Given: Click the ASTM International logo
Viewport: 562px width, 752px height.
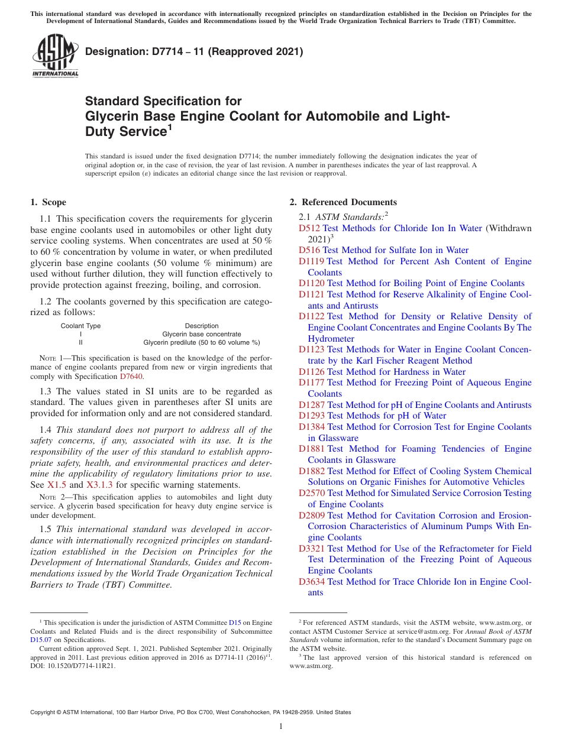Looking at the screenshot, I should pyautogui.click(x=55, y=55).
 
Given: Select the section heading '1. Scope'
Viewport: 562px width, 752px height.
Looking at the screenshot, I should pyautogui.click(x=48, y=202).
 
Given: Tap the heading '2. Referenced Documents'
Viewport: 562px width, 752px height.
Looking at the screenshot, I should pyautogui.click(x=343, y=202).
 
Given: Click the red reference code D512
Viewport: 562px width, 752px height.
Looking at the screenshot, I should pyautogui.click(x=309, y=228).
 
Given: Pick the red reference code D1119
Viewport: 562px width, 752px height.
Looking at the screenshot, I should pyautogui.click(x=311, y=261).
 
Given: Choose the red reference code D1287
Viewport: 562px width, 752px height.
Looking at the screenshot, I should pyautogui.click(x=312, y=405).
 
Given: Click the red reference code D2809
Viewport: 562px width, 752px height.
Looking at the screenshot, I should pyautogui.click(x=312, y=516).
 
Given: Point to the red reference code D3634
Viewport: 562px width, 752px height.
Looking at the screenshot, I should pyautogui.click(x=312, y=582).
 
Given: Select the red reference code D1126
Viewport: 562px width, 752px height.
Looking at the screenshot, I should pyautogui.click(x=312, y=372).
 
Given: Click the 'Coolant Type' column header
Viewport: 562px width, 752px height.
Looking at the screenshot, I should pyautogui.click(x=80, y=326).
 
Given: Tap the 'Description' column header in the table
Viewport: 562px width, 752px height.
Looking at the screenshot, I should pyautogui.click(x=202, y=326).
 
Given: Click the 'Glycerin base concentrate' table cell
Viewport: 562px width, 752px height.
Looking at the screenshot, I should pyautogui.click(x=202, y=334).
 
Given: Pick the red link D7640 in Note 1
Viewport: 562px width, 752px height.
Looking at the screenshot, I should pyautogui.click(x=131, y=377).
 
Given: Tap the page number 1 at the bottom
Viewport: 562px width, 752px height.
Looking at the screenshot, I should pyautogui.click(x=281, y=727).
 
